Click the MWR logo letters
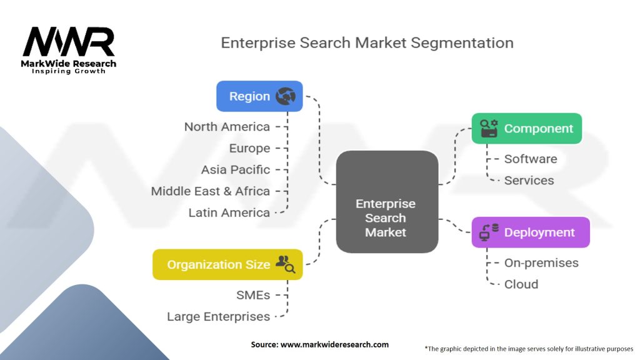tap(69, 41)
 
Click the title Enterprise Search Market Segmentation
tap(367, 43)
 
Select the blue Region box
tap(259, 96)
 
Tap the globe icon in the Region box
tap(286, 96)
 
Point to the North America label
tap(227, 127)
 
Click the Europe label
tap(249, 148)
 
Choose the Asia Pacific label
tap(236, 170)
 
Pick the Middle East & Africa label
tap(211, 191)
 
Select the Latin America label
tap(229, 212)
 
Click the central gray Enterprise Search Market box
tap(387, 202)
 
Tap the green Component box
tap(526, 129)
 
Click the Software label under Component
tap(531, 159)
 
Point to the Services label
tap(529, 181)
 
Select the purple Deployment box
tap(531, 232)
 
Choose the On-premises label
tap(541, 263)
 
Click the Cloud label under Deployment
tap(521, 284)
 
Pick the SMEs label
tap(253, 295)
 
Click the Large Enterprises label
tap(218, 317)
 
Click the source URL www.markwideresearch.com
tap(334, 344)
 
